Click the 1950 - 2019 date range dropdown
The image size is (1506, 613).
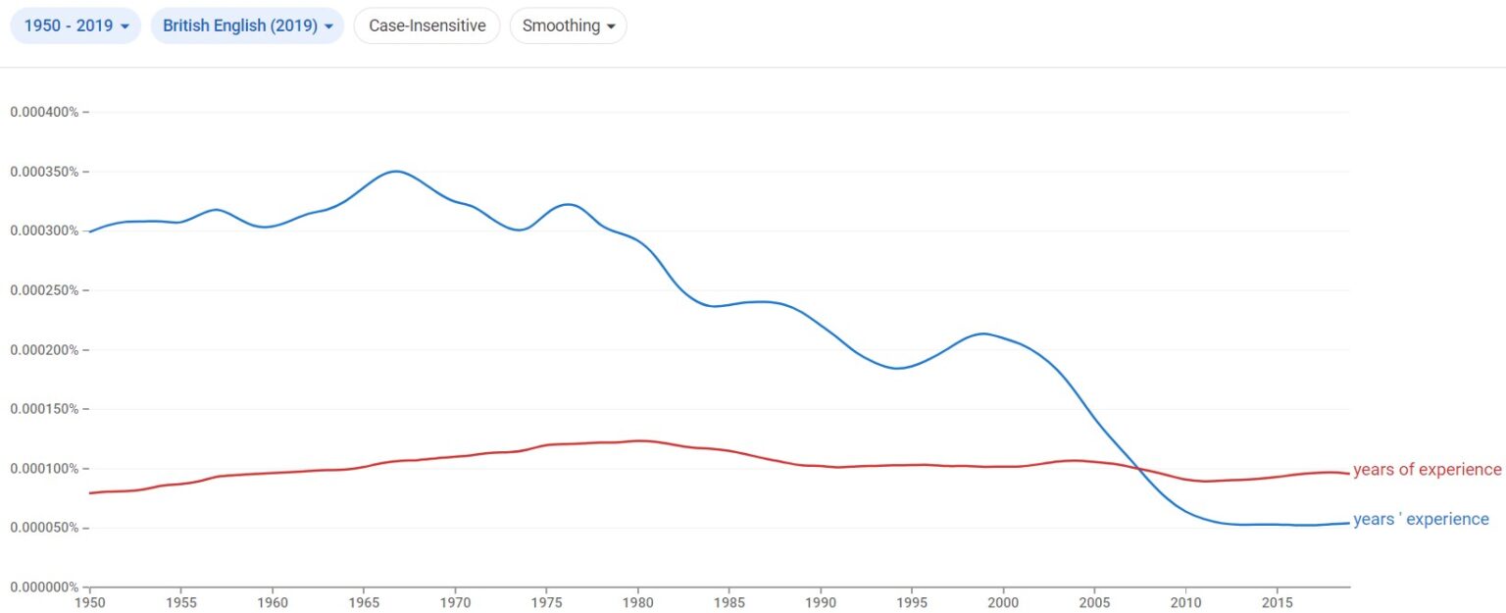[x=76, y=26]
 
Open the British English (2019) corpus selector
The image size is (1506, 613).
[x=247, y=26]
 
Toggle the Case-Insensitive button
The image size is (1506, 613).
[x=427, y=26]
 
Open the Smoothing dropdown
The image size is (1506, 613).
[x=568, y=26]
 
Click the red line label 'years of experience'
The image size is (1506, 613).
[x=1427, y=470]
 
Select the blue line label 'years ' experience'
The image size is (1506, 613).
[x=1421, y=520]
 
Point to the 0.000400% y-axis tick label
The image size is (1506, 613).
[x=44, y=112]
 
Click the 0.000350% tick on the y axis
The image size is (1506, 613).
[x=44, y=172]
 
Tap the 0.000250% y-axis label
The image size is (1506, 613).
[x=44, y=290]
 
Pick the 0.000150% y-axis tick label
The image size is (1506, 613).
[x=44, y=409]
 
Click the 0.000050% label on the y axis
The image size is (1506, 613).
[x=44, y=528]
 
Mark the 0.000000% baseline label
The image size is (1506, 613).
[x=44, y=587]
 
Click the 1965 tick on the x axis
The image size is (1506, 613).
[x=364, y=601]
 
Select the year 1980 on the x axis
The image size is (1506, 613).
[x=637, y=601]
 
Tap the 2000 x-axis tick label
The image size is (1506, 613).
[x=1003, y=601]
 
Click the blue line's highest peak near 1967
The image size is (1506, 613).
[x=395, y=172]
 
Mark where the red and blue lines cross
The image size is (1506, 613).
[x=1139, y=469]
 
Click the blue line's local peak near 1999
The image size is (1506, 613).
[x=983, y=333]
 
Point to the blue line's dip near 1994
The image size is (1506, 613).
[x=896, y=369]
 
